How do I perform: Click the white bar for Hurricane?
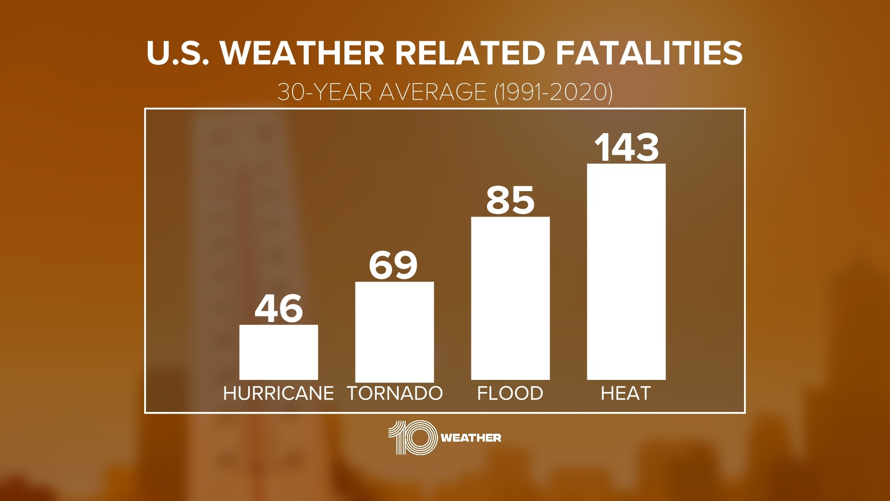(279, 352)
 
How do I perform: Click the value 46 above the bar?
(279, 308)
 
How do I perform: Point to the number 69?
(394, 266)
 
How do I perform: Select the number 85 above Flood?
(510, 200)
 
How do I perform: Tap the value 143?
(626, 148)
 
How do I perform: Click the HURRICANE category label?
(279, 393)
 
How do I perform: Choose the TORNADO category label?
(395, 393)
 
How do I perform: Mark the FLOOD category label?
(510, 393)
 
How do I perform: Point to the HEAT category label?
(626, 393)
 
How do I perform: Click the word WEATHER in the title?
(303, 53)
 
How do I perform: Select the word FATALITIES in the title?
(649, 53)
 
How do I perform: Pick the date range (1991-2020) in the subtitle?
(553, 93)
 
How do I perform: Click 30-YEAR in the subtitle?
(324, 93)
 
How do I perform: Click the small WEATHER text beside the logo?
(471, 438)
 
